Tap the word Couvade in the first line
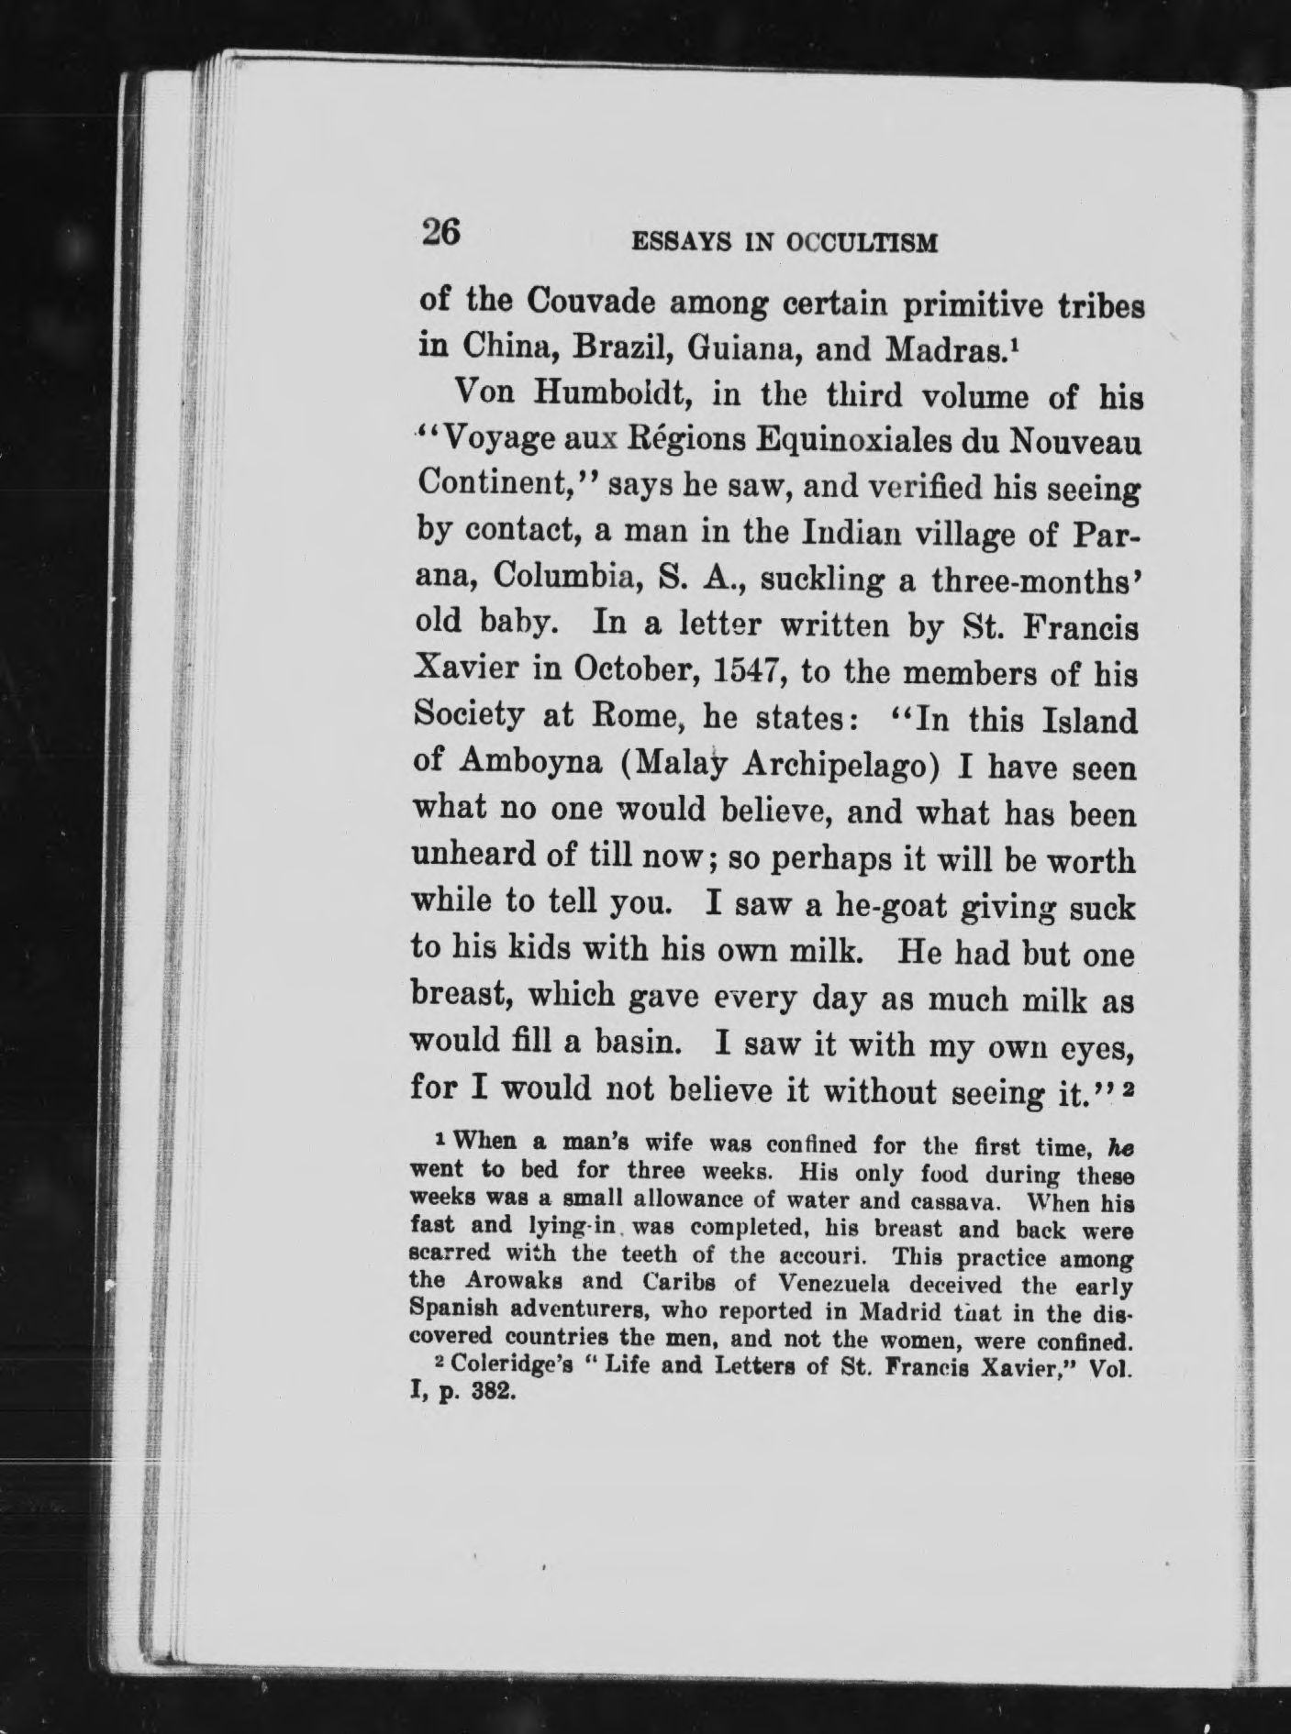(x=582, y=301)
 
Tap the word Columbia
(x=565, y=580)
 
